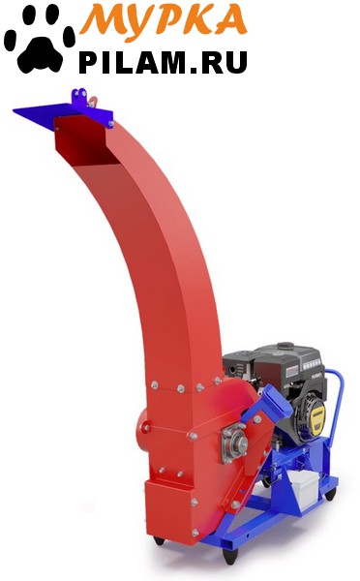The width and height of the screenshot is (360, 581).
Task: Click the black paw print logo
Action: click(40, 39)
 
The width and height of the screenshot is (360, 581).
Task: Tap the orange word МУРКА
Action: click(164, 18)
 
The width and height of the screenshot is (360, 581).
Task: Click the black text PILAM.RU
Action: click(163, 62)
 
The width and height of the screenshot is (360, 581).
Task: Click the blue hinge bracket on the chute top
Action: click(79, 97)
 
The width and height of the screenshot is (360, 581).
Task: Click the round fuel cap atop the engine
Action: click(285, 346)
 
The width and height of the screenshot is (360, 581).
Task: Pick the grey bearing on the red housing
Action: click(234, 443)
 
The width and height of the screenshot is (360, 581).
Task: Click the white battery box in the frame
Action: click(303, 485)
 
